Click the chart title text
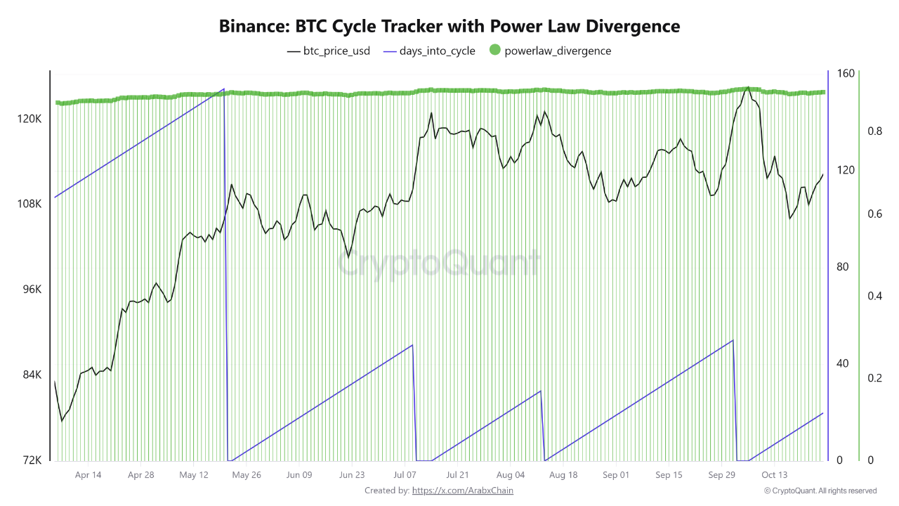(x=449, y=27)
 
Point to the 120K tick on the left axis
(x=30, y=119)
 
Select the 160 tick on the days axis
(x=845, y=74)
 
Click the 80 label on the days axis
(x=843, y=267)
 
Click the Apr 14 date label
(x=88, y=475)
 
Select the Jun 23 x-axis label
(x=352, y=475)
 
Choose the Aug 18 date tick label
(x=563, y=475)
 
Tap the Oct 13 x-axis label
(x=774, y=475)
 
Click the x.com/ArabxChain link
(x=462, y=491)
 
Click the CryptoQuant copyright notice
(x=820, y=491)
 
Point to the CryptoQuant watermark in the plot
(x=440, y=263)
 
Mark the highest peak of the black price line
(x=748, y=88)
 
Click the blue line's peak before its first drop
(x=223, y=89)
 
